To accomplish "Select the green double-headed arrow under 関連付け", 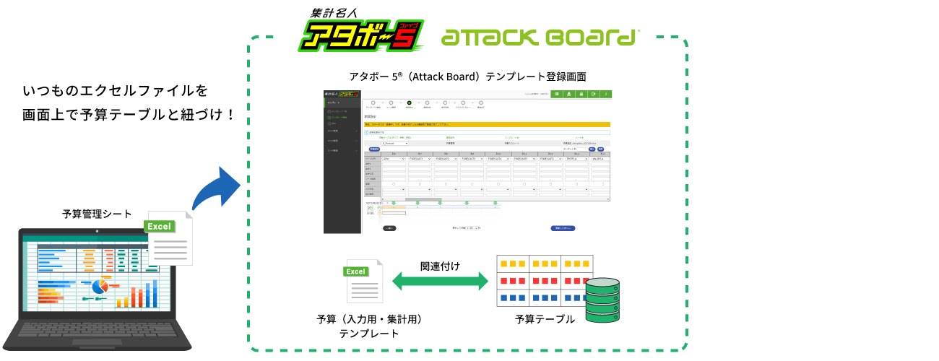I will click(x=440, y=282).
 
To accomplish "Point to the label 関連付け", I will click(x=440, y=265).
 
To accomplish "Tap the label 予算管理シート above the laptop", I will click(x=98, y=214).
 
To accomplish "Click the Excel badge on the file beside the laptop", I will click(x=159, y=226).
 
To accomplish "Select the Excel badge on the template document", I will click(x=355, y=271).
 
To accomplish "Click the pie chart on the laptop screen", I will click(x=100, y=287).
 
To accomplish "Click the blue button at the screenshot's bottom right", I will click(x=563, y=227).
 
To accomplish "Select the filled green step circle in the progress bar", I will click(x=409, y=103).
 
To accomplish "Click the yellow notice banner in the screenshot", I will click(x=488, y=124).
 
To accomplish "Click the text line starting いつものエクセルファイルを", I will click(x=116, y=92).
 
